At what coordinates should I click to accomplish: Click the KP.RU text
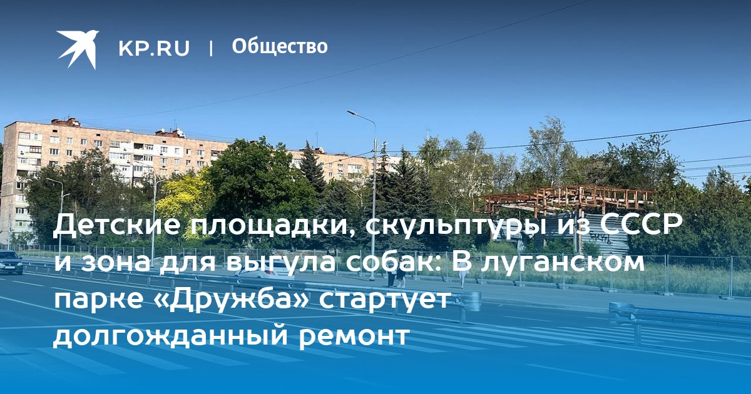pyautogui.click(x=154, y=48)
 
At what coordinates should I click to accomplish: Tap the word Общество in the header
pyautogui.click(x=280, y=46)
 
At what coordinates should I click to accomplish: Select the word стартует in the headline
pyautogui.click(x=384, y=299)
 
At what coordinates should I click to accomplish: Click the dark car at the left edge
pyautogui.click(x=10, y=262)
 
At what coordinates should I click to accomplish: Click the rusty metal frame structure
pyautogui.click(x=563, y=199)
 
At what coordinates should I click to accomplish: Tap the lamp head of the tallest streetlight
pyautogui.click(x=351, y=113)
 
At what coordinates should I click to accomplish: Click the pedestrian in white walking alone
pyautogui.click(x=462, y=273)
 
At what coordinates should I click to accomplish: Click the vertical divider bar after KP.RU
pyautogui.click(x=211, y=48)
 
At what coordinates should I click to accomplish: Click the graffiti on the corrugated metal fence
pyautogui.click(x=600, y=238)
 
